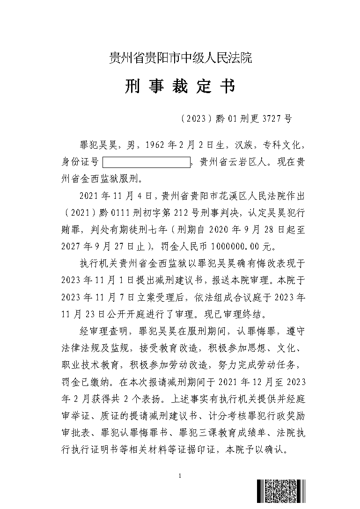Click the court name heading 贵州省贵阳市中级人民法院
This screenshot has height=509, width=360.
pyautogui.click(x=180, y=58)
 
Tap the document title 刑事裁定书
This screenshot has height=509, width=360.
pyautogui.click(x=180, y=87)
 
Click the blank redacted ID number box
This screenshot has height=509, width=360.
pyautogui.click(x=147, y=163)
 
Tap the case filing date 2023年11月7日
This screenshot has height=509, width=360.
pyautogui.click(x=102, y=297)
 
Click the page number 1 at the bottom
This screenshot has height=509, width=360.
pyautogui.click(x=180, y=476)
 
